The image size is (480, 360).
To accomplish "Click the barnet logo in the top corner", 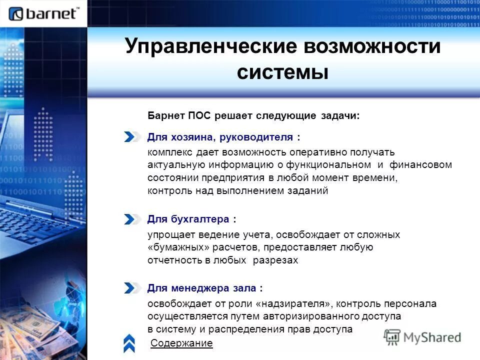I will [x=44, y=13].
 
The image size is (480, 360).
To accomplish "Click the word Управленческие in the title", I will [x=210, y=46].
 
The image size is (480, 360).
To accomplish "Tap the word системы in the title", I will [x=282, y=72].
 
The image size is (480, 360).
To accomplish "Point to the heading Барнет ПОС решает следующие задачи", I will [x=253, y=115].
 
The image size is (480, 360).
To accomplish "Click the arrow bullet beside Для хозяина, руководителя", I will [x=132, y=137].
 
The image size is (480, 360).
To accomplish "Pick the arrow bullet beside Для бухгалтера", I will [x=132, y=219].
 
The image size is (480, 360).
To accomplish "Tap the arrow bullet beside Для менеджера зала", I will [x=132, y=288].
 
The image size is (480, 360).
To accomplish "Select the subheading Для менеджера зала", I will [x=204, y=288].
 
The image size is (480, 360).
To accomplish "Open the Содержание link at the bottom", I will [x=181, y=343].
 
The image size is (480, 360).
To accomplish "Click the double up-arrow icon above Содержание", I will [x=129, y=342].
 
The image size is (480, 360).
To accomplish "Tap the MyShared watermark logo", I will [x=422, y=337].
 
